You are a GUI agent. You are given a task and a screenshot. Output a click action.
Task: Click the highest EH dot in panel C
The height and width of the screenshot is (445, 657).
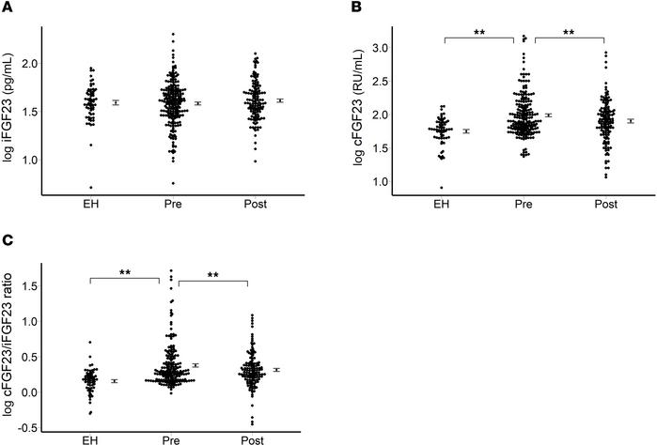[65, 343]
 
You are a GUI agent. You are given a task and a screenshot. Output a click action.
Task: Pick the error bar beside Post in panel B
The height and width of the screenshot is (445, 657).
[631, 121]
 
